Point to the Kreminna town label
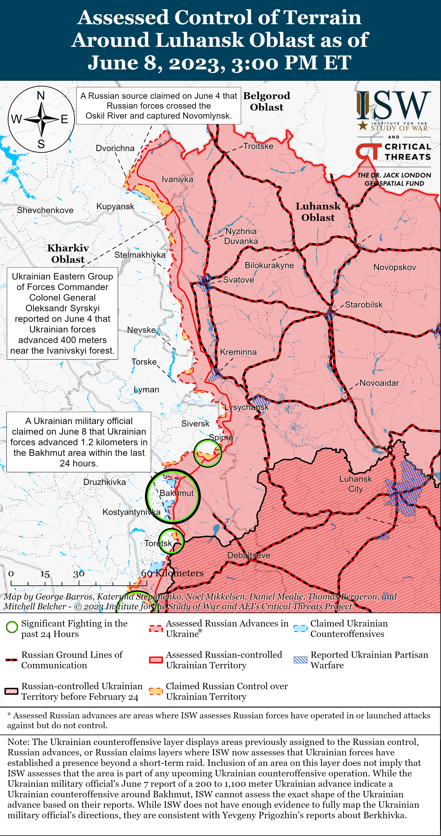(x=238, y=352)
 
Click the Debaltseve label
(x=249, y=555)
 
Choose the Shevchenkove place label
(x=45, y=210)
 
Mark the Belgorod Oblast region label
(x=267, y=101)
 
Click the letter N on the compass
(x=41, y=96)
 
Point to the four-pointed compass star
(x=41, y=120)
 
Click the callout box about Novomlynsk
(x=159, y=106)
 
